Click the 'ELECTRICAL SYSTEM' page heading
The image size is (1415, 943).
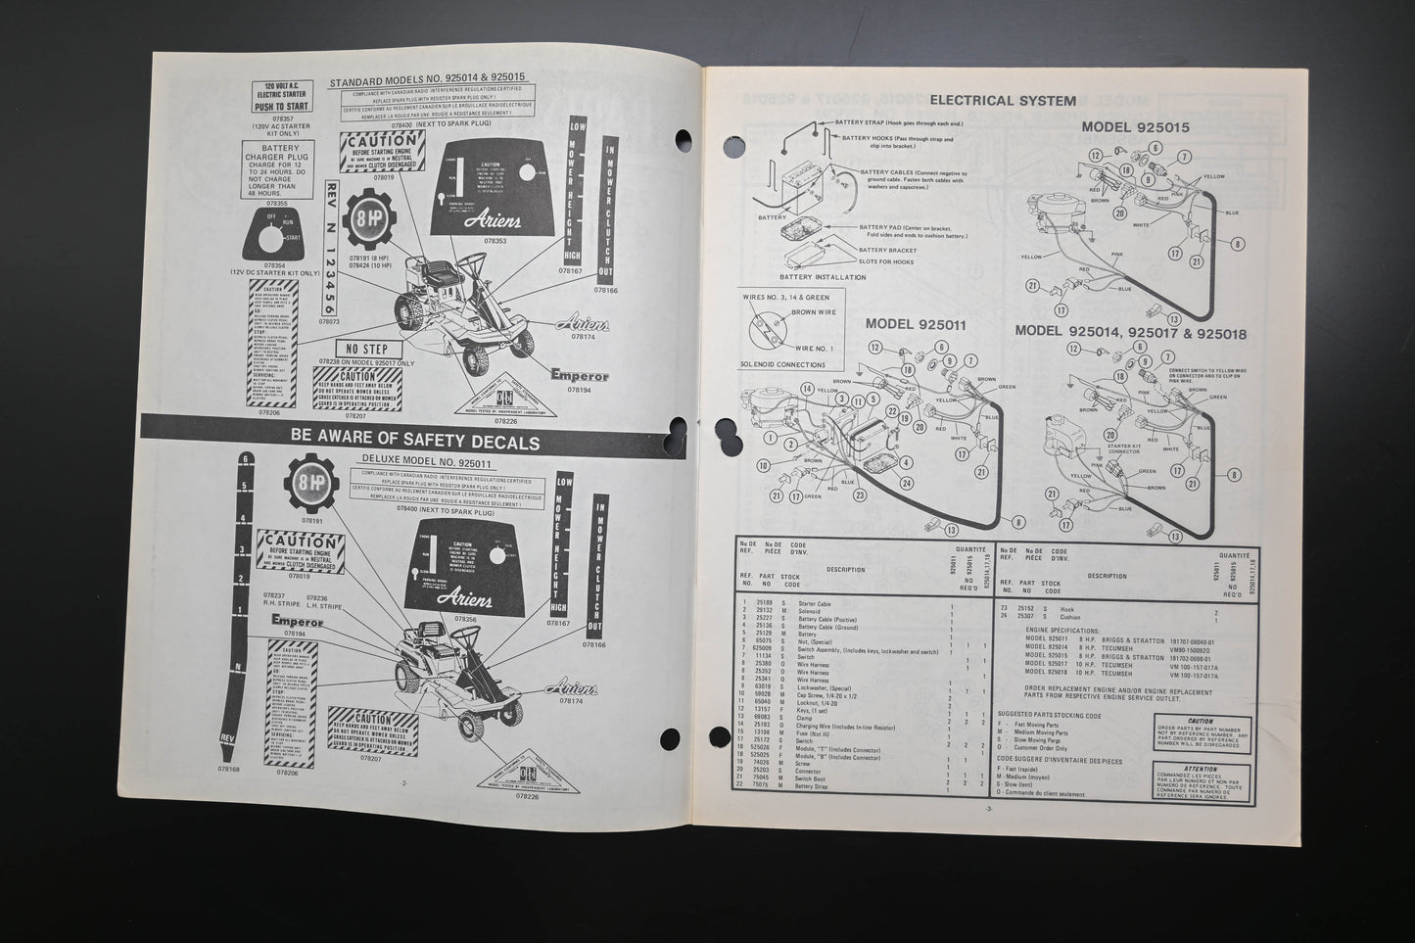pyautogui.click(x=1002, y=100)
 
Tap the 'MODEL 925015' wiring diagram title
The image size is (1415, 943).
pyautogui.click(x=1135, y=127)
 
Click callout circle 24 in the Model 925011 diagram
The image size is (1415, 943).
pyautogui.click(x=909, y=483)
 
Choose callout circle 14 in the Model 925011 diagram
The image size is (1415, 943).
pyautogui.click(x=807, y=389)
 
